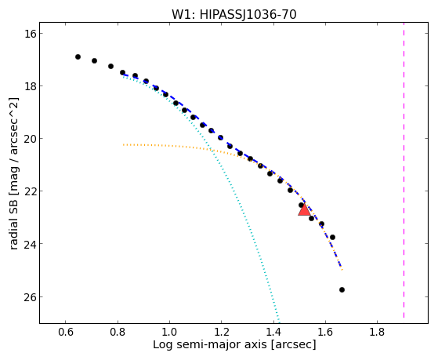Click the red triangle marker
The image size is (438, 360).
(x=304, y=209)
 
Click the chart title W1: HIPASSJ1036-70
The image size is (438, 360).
(x=233, y=14)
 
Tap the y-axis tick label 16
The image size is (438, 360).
(x=30, y=34)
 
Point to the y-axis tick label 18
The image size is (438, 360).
(x=30, y=85)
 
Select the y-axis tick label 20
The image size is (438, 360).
(x=30, y=139)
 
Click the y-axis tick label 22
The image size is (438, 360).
(x=30, y=191)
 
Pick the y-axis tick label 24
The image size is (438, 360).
(x=30, y=244)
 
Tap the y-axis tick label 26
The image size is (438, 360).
(x=30, y=296)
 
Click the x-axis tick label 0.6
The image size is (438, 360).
(x=65, y=332)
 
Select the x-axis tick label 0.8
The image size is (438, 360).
(x=118, y=332)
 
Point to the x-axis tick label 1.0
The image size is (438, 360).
(x=169, y=332)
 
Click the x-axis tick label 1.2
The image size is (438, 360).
(x=221, y=332)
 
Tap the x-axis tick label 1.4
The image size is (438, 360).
(x=273, y=332)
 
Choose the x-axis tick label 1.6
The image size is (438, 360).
(x=325, y=332)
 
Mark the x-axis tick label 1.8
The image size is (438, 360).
(x=377, y=332)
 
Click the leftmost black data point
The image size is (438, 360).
(x=78, y=56)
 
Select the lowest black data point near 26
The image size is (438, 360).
(x=342, y=289)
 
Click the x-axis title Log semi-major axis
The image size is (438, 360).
(x=210, y=345)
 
